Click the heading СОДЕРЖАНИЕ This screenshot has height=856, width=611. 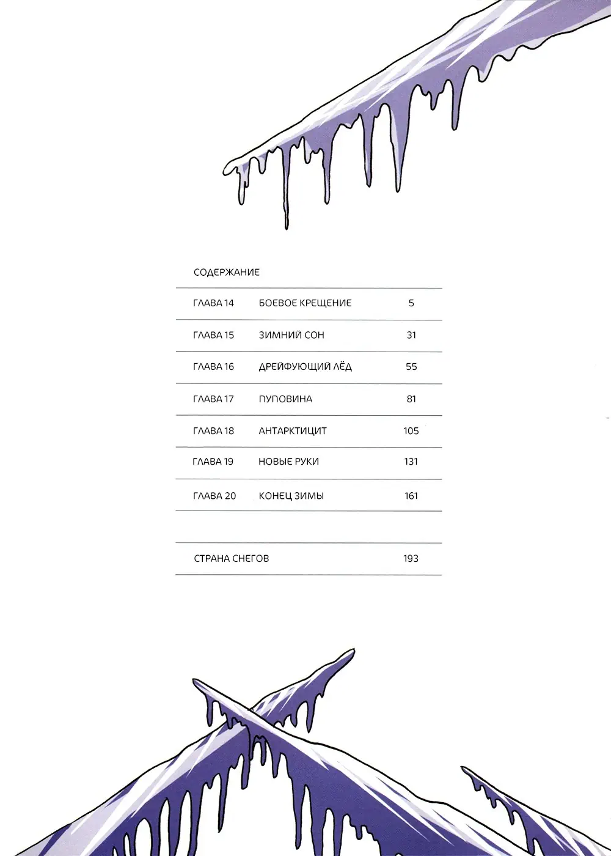coord(227,272)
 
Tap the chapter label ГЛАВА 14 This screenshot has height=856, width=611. coord(213,303)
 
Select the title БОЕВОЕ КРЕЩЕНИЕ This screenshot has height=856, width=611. coord(305,303)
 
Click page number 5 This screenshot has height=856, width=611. coord(411,303)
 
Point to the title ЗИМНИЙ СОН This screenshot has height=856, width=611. coord(291,335)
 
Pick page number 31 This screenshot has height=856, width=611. coord(411,335)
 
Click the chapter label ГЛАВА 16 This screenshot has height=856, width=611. coord(213,367)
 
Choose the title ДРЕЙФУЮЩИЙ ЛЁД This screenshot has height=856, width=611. coord(305,367)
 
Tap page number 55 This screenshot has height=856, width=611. coord(411,367)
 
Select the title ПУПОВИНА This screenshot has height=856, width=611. coord(285,399)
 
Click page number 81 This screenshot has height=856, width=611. coord(411,399)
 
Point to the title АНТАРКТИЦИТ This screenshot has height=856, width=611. coord(293,431)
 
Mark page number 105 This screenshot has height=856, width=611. coord(411,431)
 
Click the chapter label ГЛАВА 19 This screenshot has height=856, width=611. coord(213,462)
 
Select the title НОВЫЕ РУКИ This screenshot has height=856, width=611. coord(288,462)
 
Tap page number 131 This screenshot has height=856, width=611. coord(411,462)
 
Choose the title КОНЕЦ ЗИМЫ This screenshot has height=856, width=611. coord(291,496)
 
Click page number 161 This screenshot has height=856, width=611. coord(411,496)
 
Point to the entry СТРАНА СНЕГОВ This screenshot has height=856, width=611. coord(231,558)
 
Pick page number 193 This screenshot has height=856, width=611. coord(411,558)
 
